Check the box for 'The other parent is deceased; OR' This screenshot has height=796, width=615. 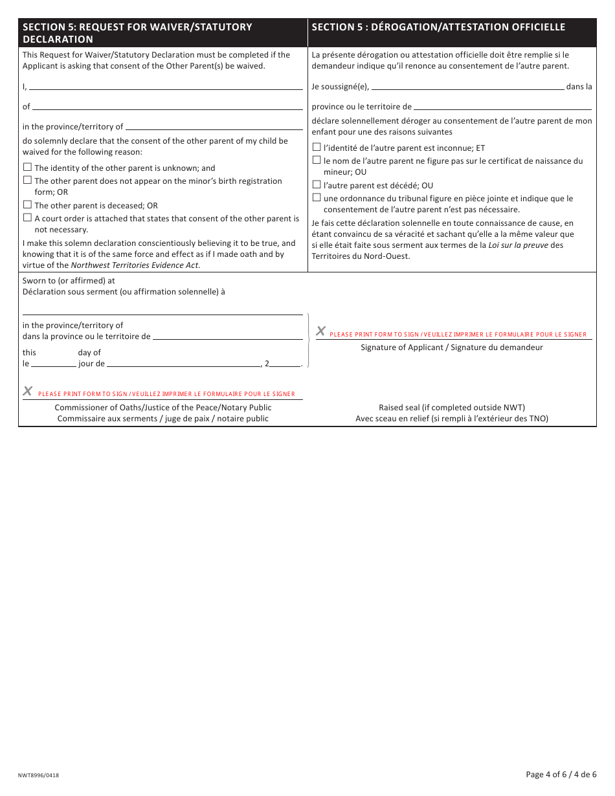click(x=27, y=205)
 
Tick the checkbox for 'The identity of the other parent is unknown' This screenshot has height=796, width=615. click(x=27, y=168)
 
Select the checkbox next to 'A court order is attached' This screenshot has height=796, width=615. click(x=27, y=218)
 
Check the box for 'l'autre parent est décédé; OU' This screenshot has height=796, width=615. click(x=317, y=184)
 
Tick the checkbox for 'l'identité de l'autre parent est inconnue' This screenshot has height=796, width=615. click(x=317, y=147)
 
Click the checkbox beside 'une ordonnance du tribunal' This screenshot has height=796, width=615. click(x=317, y=197)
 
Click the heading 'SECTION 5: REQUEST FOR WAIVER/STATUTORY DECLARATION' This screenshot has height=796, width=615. click(x=137, y=33)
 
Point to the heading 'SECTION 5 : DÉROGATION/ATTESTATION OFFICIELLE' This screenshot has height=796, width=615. click(x=438, y=27)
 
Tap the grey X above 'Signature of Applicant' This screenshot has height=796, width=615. click(x=320, y=331)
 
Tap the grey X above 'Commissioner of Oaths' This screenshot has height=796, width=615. click(x=28, y=391)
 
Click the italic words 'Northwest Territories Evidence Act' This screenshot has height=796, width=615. click(x=135, y=265)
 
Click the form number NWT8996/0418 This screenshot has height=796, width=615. click(x=39, y=775)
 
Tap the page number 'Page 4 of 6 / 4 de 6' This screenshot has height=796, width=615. click(x=561, y=774)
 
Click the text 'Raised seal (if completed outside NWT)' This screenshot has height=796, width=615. click(x=451, y=408)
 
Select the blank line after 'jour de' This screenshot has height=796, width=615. click(x=183, y=364)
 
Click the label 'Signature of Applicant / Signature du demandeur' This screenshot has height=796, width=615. click(x=451, y=348)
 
